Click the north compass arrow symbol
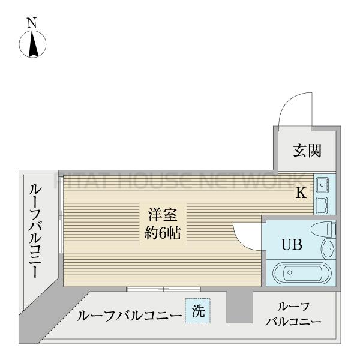coord(33,46)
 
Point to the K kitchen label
coord(300,193)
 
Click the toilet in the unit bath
coord(323,229)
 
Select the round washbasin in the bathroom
coord(328,247)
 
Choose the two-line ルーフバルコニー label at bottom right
coord(293,314)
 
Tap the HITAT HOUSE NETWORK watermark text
coord(180,179)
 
